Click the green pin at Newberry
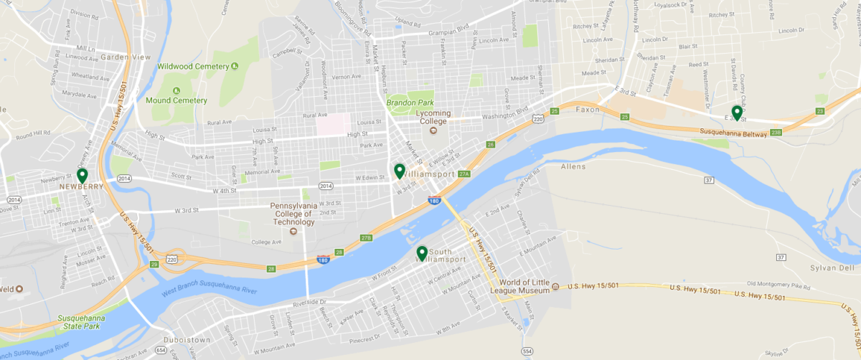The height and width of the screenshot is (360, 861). point(83,175)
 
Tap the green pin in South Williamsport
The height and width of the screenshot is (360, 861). point(422,252)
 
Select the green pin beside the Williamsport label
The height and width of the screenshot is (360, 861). point(400,171)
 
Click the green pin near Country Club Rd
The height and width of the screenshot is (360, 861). point(736,112)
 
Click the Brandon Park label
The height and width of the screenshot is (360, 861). point(410,103)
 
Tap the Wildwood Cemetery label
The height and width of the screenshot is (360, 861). point(193,67)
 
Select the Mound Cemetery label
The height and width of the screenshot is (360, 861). point(177,100)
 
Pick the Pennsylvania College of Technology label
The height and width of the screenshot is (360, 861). point(292,214)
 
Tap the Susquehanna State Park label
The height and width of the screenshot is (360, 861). point(80,321)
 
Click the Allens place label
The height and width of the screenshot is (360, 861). point(573,166)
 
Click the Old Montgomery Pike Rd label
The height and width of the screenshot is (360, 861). point(778,284)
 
